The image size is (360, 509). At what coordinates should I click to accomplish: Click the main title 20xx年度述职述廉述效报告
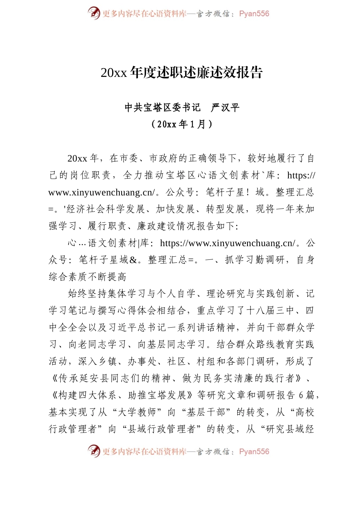point(182,72)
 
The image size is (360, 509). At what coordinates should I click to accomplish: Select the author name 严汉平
point(225,108)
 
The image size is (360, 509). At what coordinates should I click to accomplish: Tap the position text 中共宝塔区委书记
point(163,108)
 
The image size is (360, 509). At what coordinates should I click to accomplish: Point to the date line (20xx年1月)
point(182,124)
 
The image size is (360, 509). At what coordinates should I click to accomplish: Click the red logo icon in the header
point(94,13)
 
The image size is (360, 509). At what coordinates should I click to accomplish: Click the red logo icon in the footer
point(94,451)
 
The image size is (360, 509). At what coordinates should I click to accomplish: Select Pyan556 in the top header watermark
point(254,14)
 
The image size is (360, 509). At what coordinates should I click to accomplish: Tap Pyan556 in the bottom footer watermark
point(254,452)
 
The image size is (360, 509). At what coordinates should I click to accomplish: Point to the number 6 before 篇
point(301,395)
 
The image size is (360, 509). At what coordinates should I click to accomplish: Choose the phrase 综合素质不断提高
point(88,277)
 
